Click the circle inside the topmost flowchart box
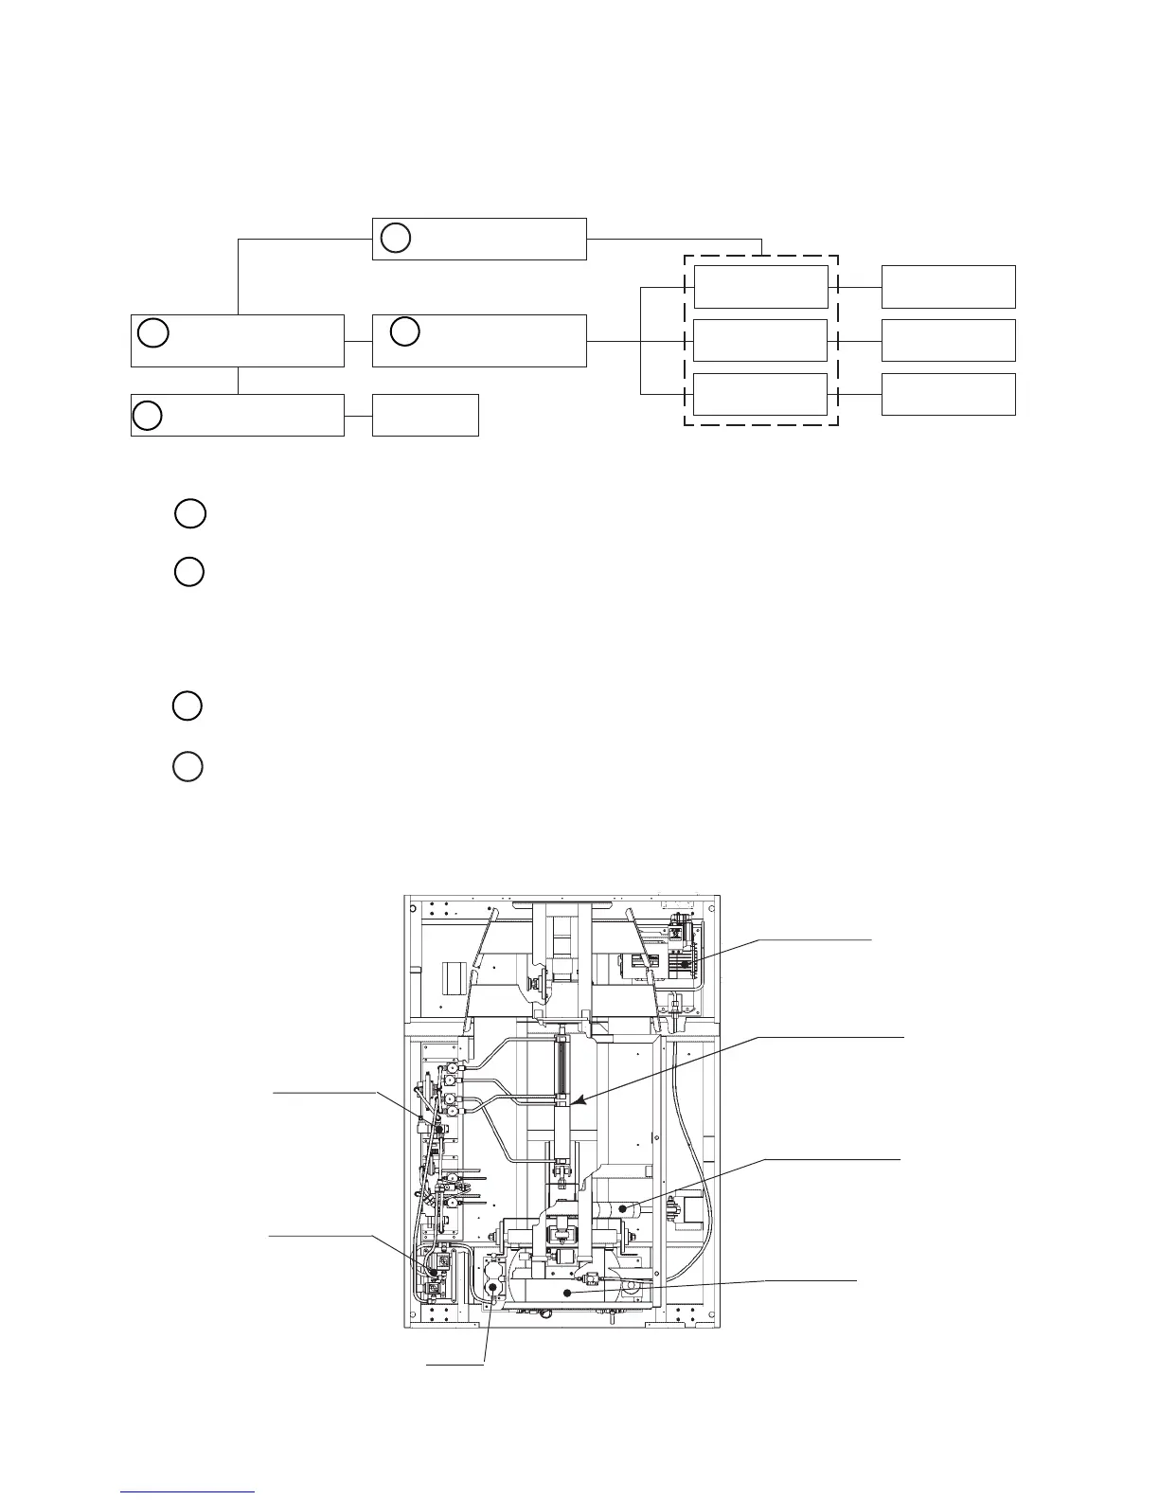pyautogui.click(x=396, y=239)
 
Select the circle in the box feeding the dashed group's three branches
pyautogui.click(x=405, y=331)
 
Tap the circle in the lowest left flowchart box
pyautogui.click(x=147, y=416)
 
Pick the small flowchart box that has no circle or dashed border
pyautogui.click(x=425, y=416)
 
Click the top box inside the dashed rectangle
pyautogui.click(x=760, y=287)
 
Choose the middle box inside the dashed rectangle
pyautogui.click(x=760, y=341)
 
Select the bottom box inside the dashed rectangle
pyautogui.click(x=760, y=394)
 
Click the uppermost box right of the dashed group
pyautogui.click(x=948, y=287)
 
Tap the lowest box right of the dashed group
pyautogui.click(x=948, y=394)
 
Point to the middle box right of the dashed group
pyautogui.click(x=948, y=340)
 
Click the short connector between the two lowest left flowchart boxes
pyautogui.click(x=358, y=416)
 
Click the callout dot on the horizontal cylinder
pyautogui.click(x=623, y=1208)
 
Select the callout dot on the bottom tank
pyautogui.click(x=566, y=1292)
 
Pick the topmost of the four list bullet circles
pyautogui.click(x=190, y=513)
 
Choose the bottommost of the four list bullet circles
pyautogui.click(x=187, y=766)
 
